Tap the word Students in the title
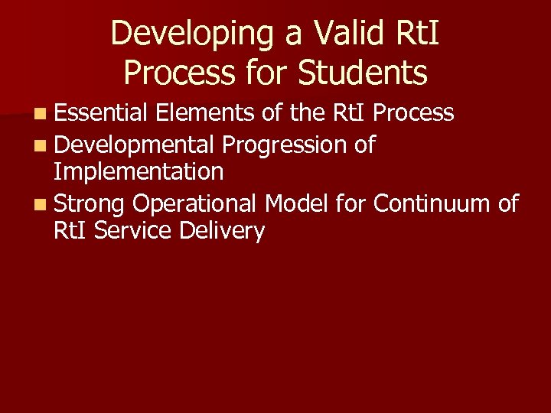pyautogui.click(x=362, y=73)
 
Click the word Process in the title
pyautogui.click(x=169, y=73)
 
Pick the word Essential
pyautogui.click(x=100, y=113)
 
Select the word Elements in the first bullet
pyautogui.click(x=204, y=113)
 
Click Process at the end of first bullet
pyautogui.click(x=414, y=114)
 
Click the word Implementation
pyautogui.click(x=139, y=172)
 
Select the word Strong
pyautogui.click(x=90, y=204)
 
